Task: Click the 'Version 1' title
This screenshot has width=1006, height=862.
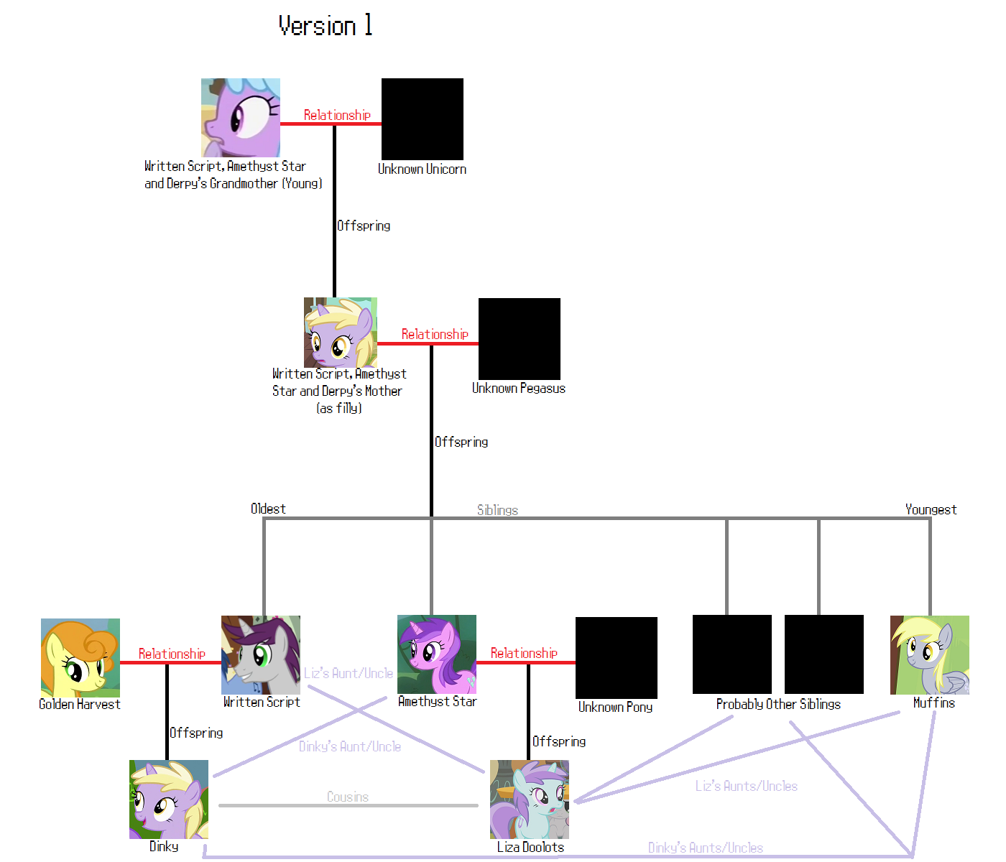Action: click(325, 26)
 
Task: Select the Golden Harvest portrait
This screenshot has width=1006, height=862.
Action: click(80, 657)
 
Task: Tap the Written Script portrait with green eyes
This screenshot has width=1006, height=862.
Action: click(261, 654)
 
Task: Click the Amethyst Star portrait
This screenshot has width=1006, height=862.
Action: click(437, 654)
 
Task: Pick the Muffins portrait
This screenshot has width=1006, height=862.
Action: click(930, 654)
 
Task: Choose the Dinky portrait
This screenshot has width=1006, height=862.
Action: click(169, 800)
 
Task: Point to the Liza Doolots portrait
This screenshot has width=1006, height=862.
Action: click(530, 800)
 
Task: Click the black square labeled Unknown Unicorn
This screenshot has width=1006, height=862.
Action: click(423, 119)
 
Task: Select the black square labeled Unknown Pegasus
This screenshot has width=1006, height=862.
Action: click(520, 338)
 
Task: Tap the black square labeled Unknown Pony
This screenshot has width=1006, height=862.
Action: click(617, 657)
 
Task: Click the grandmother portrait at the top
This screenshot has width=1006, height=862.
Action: click(241, 118)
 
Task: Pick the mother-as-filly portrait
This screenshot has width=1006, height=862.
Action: click(341, 333)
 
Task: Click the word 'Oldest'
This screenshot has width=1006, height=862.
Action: click(268, 509)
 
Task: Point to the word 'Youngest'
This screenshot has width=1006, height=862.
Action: click(931, 509)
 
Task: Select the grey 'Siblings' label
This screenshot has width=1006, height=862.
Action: click(497, 510)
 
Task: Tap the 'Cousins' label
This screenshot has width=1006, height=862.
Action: click(348, 797)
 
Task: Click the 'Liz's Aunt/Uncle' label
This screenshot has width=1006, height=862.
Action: click(349, 673)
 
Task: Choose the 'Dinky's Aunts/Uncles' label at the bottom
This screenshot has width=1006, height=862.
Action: click(706, 848)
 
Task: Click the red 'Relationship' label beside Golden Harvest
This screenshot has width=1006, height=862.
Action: click(172, 654)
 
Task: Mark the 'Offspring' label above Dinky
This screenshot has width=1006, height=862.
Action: click(196, 733)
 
